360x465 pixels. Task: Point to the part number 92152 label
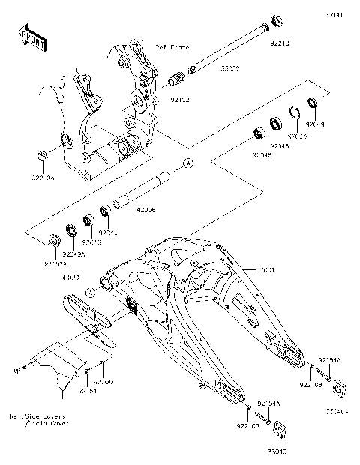(179, 97)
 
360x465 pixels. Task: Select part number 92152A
(55, 264)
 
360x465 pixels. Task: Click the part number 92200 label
(103, 382)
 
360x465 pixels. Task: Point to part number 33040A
(337, 412)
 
